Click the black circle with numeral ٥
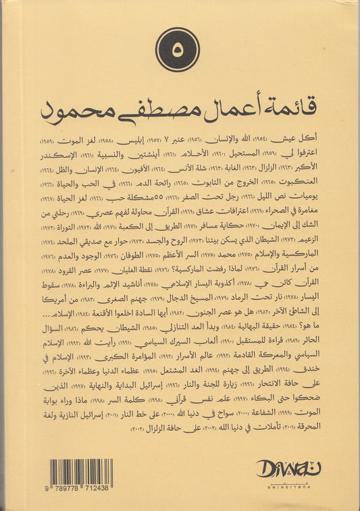click(x=178, y=50)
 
